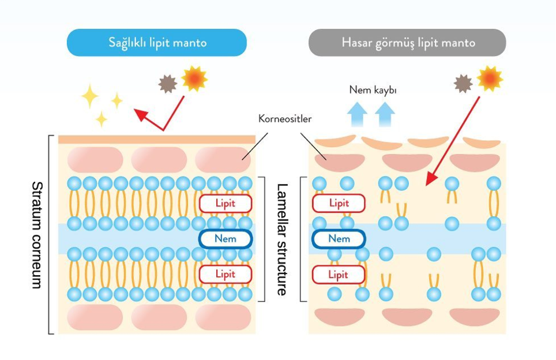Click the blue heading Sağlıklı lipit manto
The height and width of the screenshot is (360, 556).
point(157,43)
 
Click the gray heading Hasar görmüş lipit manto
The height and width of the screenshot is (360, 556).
point(407,43)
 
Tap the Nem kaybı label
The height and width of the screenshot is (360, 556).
point(373,90)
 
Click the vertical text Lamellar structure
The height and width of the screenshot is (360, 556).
point(282,239)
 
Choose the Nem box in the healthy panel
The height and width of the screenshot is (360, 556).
point(226,239)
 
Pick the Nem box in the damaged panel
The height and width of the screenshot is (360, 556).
point(339,239)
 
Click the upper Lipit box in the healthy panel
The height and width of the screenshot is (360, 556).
point(226,203)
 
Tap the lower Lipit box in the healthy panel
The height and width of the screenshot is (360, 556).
point(226,274)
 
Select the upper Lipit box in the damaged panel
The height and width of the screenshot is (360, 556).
point(339,203)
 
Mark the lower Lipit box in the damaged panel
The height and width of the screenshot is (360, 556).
point(339,275)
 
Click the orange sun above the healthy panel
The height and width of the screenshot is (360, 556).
point(194,78)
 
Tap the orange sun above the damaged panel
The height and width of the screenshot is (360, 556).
point(490,78)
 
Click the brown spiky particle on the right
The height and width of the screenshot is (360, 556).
point(463,84)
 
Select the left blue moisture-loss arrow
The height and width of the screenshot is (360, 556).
point(357,114)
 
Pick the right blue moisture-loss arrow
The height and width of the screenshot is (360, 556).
point(385,114)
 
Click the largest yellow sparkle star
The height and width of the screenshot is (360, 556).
point(89,96)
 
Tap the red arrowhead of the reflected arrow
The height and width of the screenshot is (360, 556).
point(140,114)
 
